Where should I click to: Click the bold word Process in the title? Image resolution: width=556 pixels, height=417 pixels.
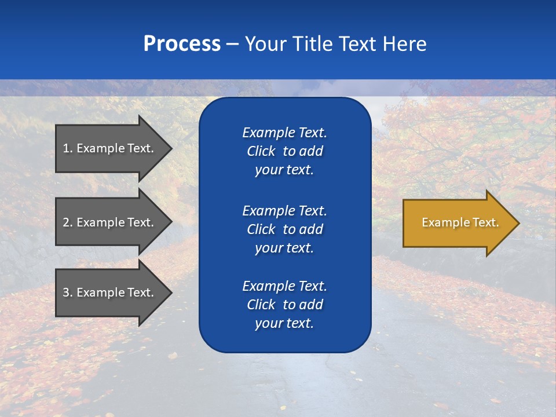[x=182, y=44]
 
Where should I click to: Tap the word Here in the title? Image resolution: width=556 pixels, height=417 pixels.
[x=404, y=44]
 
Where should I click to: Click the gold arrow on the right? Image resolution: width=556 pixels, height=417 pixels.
[x=458, y=222]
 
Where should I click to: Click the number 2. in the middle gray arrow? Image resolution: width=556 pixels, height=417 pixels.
[x=68, y=222]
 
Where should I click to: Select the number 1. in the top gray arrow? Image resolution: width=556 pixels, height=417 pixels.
[x=68, y=148]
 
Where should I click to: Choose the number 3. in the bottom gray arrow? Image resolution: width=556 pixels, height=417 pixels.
[x=68, y=292]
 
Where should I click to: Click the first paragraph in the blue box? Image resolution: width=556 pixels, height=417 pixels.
[x=284, y=151]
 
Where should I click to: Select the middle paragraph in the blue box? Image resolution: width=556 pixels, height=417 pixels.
[x=284, y=229]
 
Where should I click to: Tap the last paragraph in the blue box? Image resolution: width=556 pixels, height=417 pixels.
[x=284, y=305]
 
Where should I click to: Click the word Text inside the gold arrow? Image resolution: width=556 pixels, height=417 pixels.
[x=485, y=222]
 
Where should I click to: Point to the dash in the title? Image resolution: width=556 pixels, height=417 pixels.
[x=232, y=44]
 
